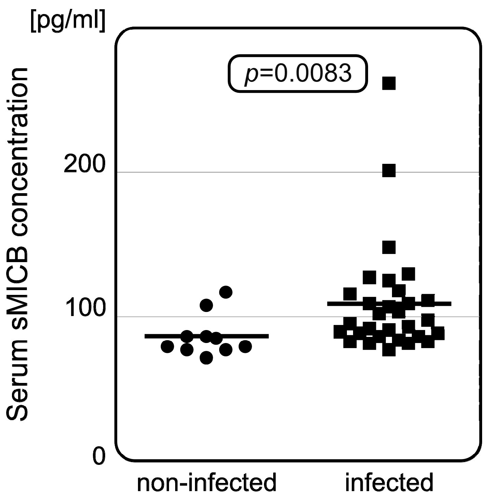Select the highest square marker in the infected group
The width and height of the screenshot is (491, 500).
click(x=389, y=83)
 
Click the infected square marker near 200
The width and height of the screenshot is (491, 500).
click(x=389, y=170)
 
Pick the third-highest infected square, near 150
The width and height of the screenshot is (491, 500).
click(x=389, y=247)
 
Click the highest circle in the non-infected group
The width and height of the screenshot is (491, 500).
click(x=226, y=292)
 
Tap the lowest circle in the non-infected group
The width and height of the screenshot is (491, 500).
click(x=206, y=358)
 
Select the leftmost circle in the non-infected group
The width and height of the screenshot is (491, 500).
click(x=167, y=346)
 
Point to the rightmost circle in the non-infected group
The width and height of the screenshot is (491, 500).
click(x=245, y=346)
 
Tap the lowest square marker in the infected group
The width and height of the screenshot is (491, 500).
click(x=389, y=350)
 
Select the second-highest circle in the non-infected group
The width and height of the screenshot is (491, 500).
click(x=206, y=305)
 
